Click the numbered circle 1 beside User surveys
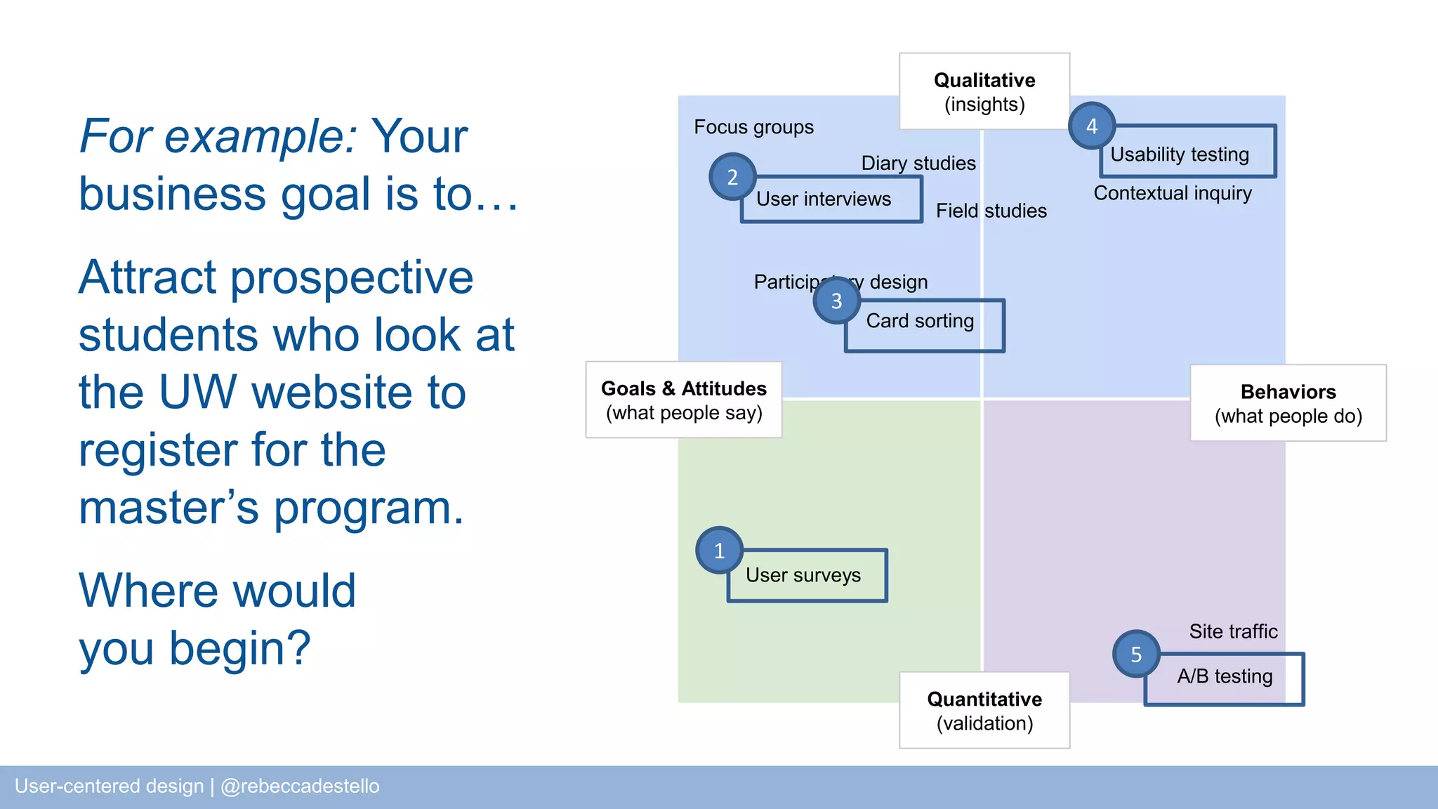(719, 551)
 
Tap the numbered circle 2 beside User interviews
(732, 177)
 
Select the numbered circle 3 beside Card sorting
(836, 301)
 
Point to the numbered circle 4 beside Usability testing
(1092, 126)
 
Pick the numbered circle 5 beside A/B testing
(1136, 654)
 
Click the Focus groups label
(753, 127)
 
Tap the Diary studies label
(918, 164)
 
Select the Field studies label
(991, 211)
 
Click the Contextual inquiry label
(1173, 193)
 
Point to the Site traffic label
(1233, 631)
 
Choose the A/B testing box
(1225, 677)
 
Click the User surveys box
(807, 576)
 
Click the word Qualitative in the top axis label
(984, 80)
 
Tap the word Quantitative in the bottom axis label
(984, 699)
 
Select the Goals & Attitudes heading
(683, 388)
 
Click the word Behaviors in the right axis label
(1288, 392)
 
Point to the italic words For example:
(218, 136)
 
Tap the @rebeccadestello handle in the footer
(300, 786)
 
